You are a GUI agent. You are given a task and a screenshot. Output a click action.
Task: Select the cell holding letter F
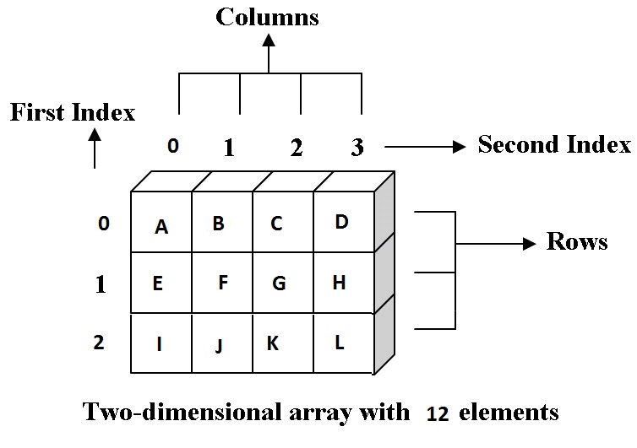tap(222, 283)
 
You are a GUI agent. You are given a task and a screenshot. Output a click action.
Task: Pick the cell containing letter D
tap(343, 222)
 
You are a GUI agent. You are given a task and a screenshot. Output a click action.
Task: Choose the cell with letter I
tap(161, 343)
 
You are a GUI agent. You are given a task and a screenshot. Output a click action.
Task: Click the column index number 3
tap(357, 148)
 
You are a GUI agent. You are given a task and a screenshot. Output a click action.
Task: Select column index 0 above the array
tap(173, 146)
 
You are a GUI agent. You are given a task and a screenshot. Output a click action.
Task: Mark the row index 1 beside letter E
tap(101, 284)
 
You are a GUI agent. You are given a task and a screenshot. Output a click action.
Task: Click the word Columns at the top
tap(268, 17)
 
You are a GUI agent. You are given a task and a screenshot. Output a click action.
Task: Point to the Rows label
tap(577, 242)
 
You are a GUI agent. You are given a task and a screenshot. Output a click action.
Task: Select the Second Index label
tap(554, 144)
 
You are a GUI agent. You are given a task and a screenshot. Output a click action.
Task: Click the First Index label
tap(73, 113)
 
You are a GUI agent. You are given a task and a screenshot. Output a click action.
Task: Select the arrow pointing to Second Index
tap(425, 147)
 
